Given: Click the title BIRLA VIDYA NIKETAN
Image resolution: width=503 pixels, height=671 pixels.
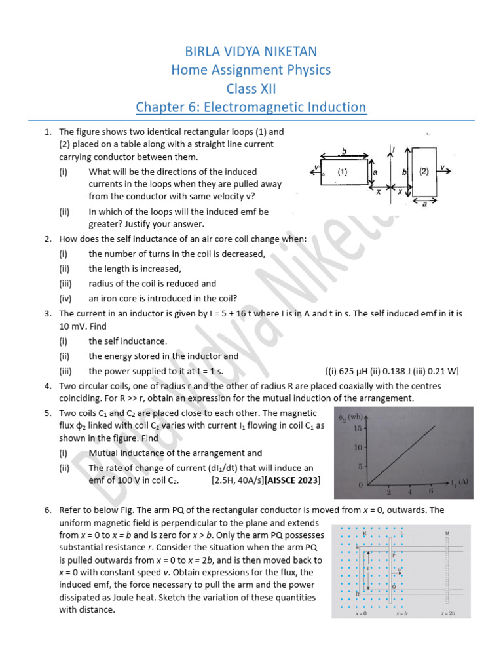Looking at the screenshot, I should coord(251,50).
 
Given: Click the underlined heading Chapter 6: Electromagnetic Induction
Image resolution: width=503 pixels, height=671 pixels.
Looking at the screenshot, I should coord(251,107).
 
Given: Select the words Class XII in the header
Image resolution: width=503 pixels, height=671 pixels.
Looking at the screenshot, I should coord(251,88).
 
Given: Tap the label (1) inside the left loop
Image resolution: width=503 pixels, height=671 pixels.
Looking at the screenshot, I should coord(341,172).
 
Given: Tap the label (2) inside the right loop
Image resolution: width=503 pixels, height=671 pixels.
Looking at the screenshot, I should coord(424,171).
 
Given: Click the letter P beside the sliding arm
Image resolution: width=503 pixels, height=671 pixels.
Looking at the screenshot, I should coord(394,554).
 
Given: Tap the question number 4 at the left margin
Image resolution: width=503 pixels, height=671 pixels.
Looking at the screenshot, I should coord(48,386).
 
